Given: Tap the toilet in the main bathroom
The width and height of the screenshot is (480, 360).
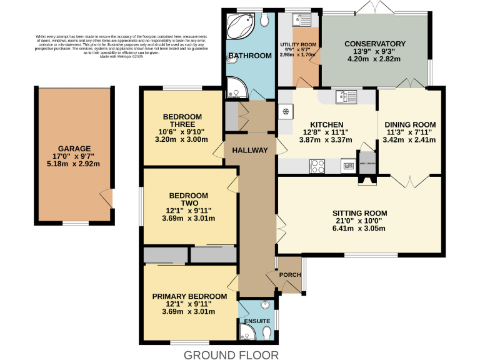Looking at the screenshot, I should point(266,21).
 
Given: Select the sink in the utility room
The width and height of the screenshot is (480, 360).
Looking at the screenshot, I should point(299,19).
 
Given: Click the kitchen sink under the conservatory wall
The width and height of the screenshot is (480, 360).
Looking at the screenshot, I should point(343,96).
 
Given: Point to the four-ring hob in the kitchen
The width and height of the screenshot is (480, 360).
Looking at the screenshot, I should point(317,166).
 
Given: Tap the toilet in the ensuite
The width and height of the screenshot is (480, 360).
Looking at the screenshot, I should point(267,334).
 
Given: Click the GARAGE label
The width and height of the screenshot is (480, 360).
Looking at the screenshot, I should point(75,148).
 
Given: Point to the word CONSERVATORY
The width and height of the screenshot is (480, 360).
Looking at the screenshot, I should point(375,44).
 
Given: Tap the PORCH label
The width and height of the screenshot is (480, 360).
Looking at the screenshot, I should point(290,275).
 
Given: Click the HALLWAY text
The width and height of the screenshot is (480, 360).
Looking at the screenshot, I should point(249,150).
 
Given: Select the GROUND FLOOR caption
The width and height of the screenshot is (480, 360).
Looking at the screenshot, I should point(231,355).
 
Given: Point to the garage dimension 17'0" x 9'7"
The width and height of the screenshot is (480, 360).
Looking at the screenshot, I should point(75,156).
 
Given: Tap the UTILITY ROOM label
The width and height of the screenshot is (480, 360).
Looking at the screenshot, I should point(299,45).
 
